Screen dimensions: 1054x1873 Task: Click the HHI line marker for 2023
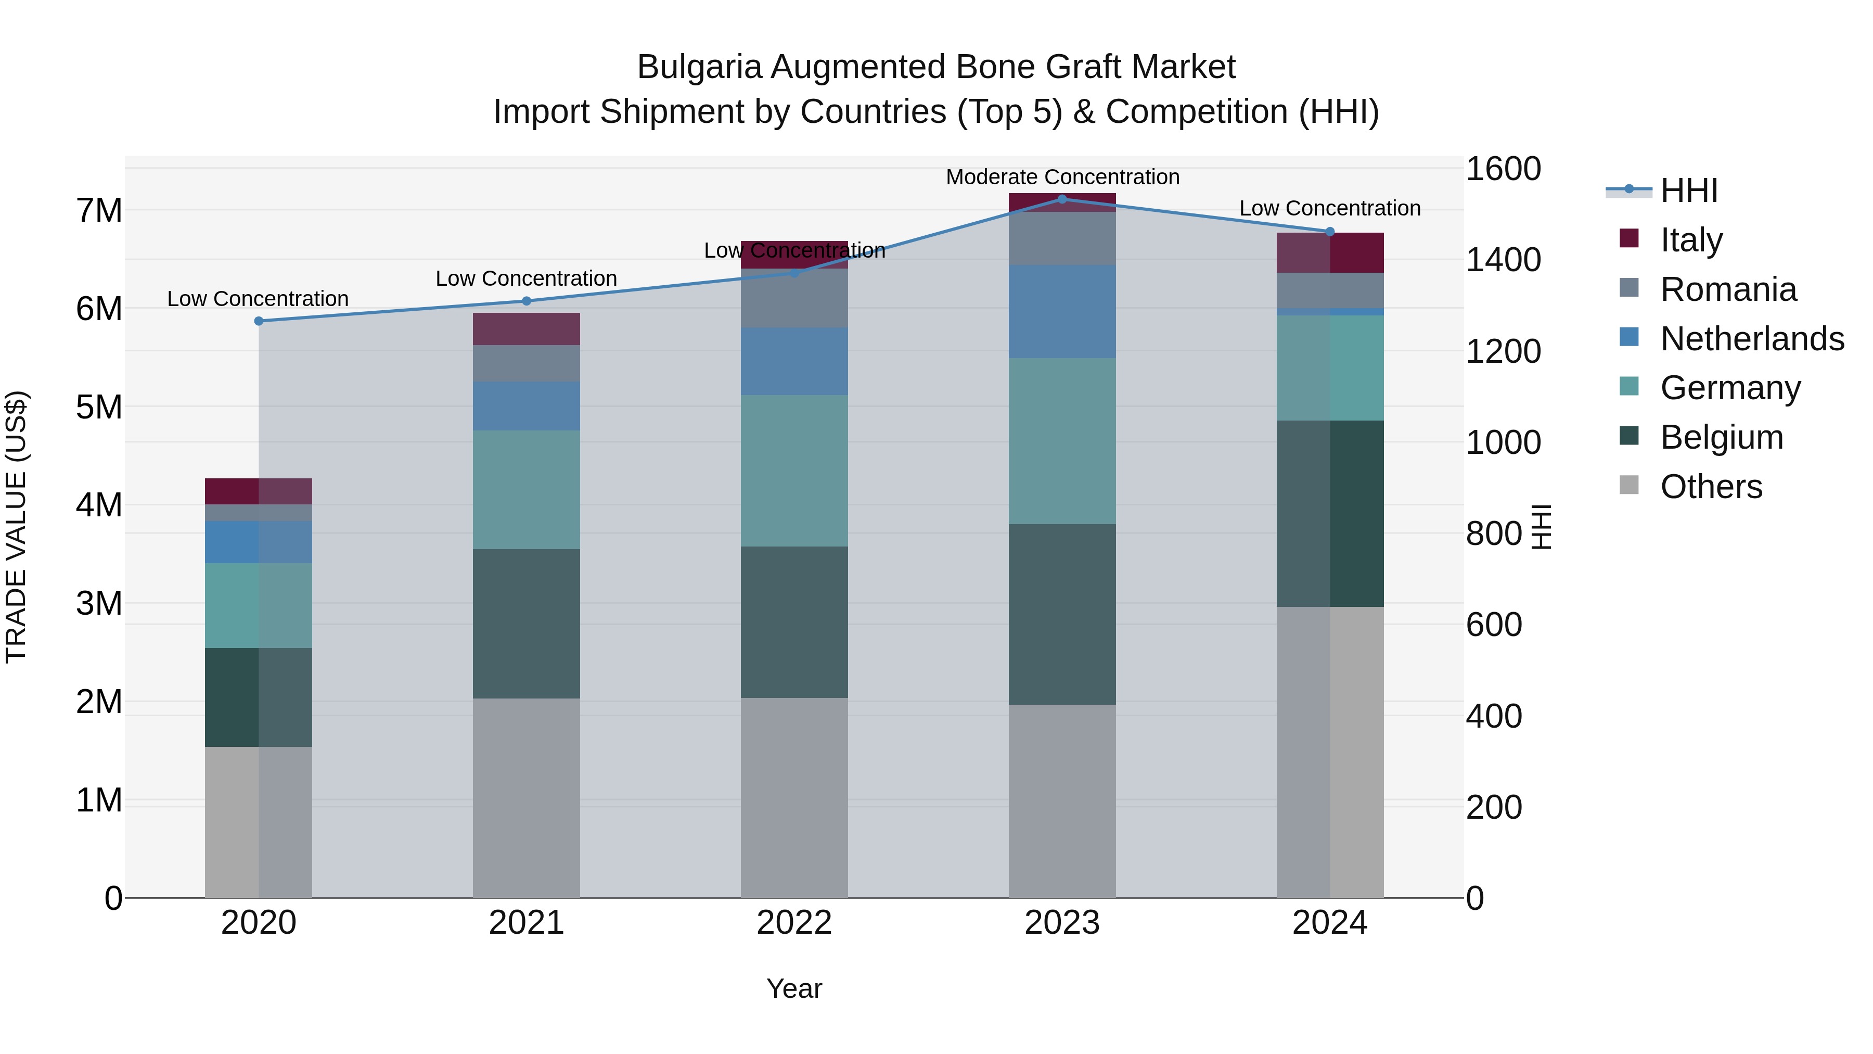pos(1061,199)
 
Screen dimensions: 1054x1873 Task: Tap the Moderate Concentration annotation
pos(1061,177)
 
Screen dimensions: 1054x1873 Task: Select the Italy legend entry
pos(1690,239)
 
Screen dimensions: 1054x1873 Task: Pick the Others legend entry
pos(1711,486)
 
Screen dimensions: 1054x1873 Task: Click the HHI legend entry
pos(1688,190)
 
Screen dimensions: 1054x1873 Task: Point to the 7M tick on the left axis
pos(99,210)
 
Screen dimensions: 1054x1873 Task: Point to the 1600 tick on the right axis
pos(1502,169)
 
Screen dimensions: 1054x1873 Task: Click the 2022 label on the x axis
pos(794,922)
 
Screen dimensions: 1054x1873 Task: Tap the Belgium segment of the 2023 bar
pos(1061,614)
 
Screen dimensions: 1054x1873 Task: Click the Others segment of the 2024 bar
pos(1330,752)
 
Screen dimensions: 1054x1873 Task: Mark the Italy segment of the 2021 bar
pos(527,329)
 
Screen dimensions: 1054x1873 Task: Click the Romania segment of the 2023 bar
pos(1061,238)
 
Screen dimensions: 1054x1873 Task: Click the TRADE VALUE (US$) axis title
pos(16,527)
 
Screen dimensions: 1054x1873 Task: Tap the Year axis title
pos(794,988)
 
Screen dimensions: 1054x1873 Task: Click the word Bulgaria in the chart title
pos(699,67)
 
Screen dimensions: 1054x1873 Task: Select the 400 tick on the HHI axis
pos(1493,717)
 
